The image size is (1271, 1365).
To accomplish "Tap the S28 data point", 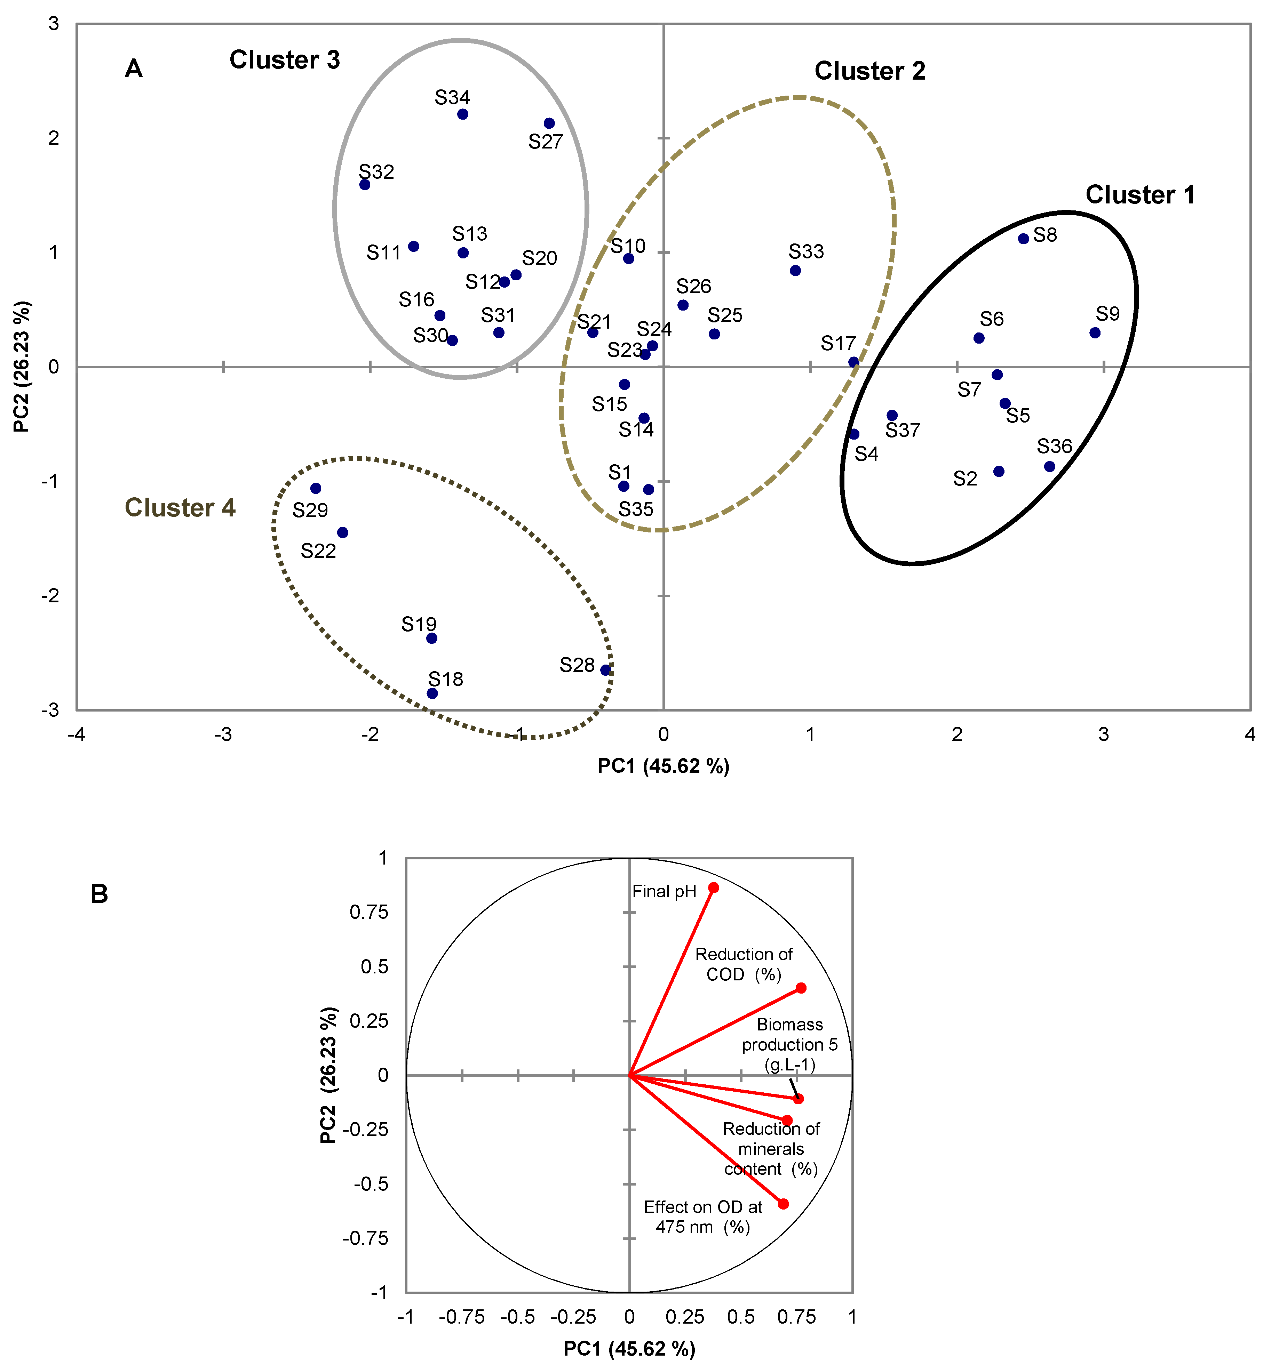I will [x=605, y=670].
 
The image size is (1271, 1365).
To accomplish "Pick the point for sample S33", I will [x=795, y=271].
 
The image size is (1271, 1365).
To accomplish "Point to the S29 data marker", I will [x=315, y=488].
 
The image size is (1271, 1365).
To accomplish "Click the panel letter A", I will [x=134, y=69].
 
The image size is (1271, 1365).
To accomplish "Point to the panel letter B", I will [x=100, y=894].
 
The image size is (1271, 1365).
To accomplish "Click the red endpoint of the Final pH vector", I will [x=714, y=888].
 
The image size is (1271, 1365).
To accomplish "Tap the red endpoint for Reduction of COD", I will [x=801, y=988].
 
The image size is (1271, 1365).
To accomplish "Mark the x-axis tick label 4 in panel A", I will [x=1250, y=735].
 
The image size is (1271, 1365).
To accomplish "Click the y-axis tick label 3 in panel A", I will [x=54, y=24].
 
